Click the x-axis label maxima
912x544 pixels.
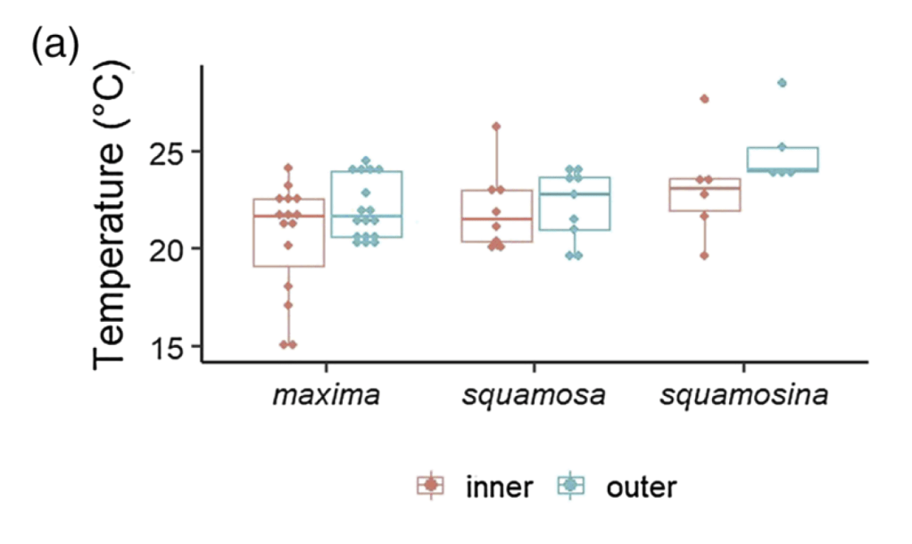pos(326,394)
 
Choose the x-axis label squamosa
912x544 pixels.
pos(535,394)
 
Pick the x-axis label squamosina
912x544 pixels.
pos(743,394)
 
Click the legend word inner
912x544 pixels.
pos(500,487)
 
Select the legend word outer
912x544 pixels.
pos(641,487)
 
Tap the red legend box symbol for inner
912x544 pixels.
pos(431,485)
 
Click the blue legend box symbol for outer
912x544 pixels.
pos(572,485)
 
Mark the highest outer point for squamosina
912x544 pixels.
pos(783,83)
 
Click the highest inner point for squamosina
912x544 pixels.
pos(704,99)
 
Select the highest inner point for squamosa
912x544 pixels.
pos(496,126)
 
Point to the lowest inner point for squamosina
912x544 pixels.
pos(704,255)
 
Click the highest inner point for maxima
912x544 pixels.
pos(288,168)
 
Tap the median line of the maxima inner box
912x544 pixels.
pos(288,216)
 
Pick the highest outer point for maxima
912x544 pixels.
pos(365,161)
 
